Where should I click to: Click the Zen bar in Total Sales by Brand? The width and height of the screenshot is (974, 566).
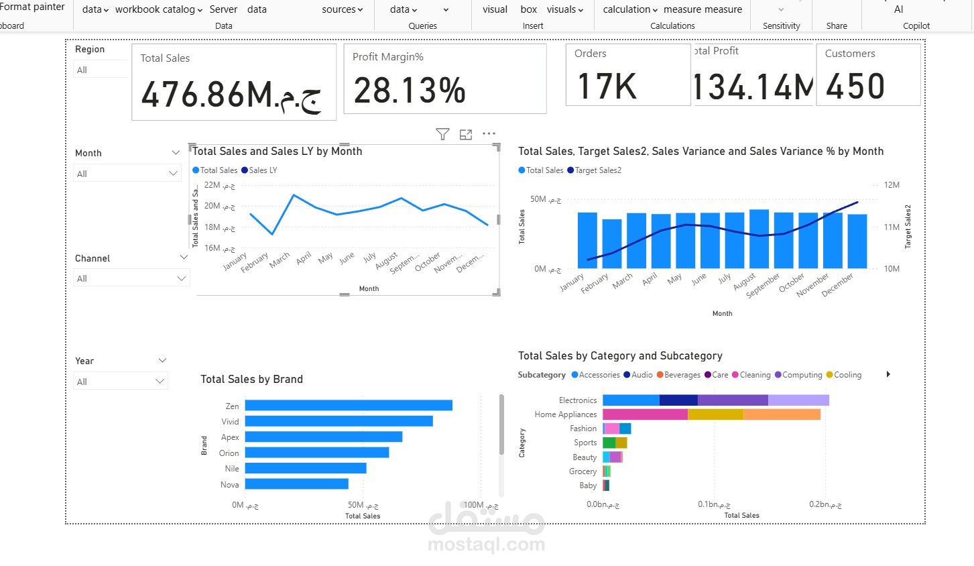349,406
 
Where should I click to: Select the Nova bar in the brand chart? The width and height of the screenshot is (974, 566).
296,484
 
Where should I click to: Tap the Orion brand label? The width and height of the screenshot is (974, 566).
229,453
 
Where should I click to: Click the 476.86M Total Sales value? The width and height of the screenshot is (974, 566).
231,94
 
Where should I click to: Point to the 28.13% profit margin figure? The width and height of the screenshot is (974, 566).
410,91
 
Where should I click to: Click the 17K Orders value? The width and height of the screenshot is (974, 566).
607,87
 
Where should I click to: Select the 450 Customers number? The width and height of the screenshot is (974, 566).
855,87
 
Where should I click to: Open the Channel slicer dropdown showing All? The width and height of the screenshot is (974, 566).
131,278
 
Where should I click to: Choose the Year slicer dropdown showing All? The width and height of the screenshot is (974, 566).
121,382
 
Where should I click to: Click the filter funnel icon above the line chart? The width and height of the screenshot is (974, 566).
442,134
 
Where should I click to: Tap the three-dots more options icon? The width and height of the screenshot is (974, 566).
489,133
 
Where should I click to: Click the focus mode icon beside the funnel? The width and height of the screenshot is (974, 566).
466,134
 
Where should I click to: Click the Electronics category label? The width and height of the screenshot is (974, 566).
577,400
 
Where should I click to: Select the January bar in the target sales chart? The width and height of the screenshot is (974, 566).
587,240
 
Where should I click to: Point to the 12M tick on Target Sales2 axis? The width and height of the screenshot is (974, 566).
892,185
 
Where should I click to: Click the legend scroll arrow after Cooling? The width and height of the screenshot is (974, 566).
888,374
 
